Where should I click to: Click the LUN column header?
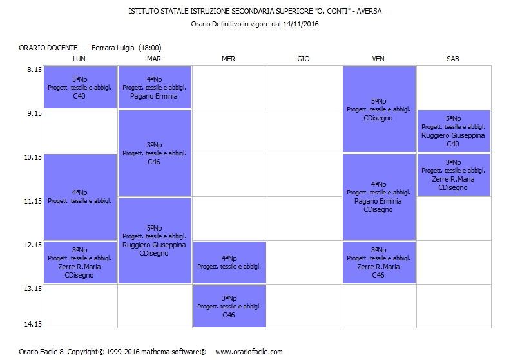(79, 59)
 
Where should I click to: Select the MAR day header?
(154, 59)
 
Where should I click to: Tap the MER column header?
(228, 59)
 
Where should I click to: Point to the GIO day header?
(304, 59)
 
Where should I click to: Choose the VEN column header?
(378, 59)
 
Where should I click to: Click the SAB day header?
(453, 59)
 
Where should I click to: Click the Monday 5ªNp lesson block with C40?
(80, 88)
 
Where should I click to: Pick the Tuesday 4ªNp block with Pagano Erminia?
(155, 88)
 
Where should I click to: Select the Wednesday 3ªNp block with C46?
(229, 307)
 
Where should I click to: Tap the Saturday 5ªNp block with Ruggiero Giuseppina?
(454, 131)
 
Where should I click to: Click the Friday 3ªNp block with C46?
(379, 262)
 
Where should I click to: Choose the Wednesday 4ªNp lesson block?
(229, 262)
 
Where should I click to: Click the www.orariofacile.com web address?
(249, 352)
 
